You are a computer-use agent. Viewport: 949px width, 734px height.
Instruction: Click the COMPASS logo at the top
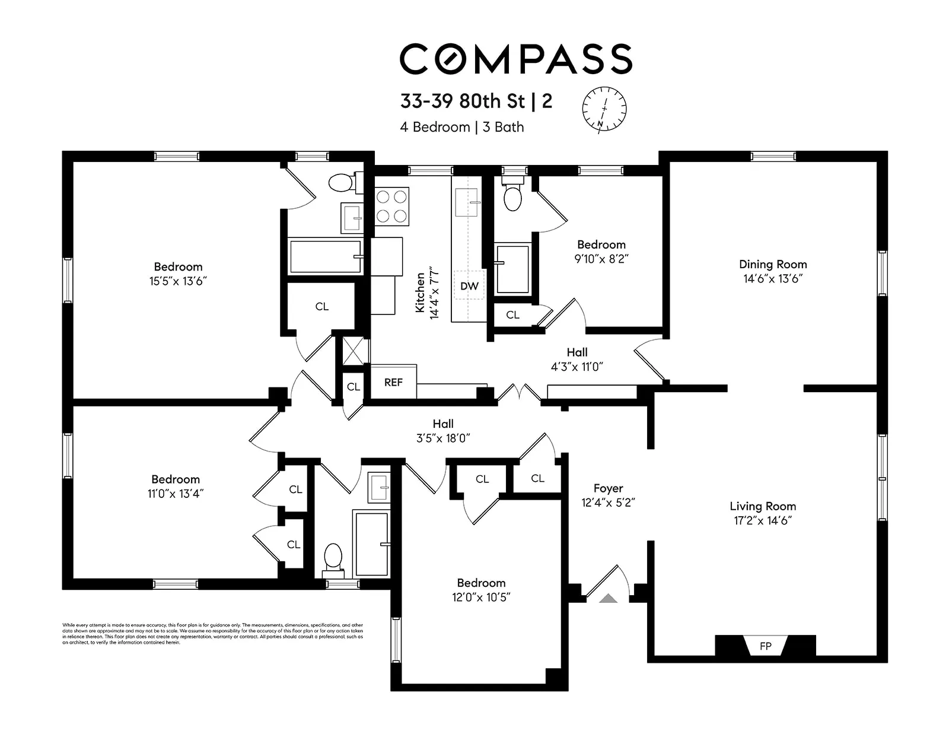coord(515,59)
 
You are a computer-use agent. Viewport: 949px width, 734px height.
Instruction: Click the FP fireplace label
coord(765,646)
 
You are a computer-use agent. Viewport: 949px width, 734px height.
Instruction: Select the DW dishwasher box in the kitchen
coord(469,286)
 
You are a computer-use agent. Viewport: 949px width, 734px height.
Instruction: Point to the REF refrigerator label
coord(393,382)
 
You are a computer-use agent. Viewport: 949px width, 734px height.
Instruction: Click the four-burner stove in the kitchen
coord(392,206)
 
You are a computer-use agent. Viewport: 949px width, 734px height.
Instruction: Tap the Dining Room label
coord(772,264)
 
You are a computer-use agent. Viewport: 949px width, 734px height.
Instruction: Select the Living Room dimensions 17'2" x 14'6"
coord(763,520)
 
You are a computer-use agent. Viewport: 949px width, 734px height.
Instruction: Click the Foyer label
coord(608,488)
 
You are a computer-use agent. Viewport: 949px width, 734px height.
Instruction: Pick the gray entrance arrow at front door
coord(608,598)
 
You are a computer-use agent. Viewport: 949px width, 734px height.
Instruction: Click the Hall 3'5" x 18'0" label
coord(443,431)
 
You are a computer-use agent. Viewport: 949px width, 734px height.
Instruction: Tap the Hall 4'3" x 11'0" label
coord(577,360)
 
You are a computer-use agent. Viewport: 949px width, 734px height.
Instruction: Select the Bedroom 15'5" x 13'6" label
coord(178,274)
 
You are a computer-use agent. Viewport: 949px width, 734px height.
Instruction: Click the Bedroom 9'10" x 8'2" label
coord(601,252)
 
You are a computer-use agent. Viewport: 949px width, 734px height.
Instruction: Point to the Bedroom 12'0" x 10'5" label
coord(481,590)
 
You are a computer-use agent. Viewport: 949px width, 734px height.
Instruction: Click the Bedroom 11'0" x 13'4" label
coord(176,486)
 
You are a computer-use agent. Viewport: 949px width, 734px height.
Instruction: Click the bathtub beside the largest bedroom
coord(325,256)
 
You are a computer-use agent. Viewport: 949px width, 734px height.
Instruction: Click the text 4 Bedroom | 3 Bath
coord(462,127)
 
